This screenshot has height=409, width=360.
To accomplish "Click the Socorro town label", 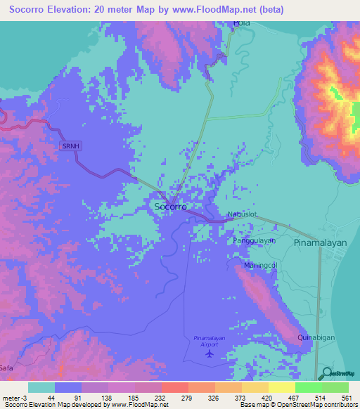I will pos(170,207).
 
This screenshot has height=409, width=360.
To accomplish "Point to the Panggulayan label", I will pos(255,240).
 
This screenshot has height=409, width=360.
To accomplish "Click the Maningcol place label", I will pos(261,265).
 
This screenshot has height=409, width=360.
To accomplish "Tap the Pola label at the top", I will pos(242,23).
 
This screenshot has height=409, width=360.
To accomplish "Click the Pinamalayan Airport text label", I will pos(209,341).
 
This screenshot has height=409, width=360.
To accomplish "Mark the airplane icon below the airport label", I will pos(209,353).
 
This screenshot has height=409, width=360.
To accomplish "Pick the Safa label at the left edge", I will pos(6,368).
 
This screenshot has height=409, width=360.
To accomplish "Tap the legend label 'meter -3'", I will pos(14,397).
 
